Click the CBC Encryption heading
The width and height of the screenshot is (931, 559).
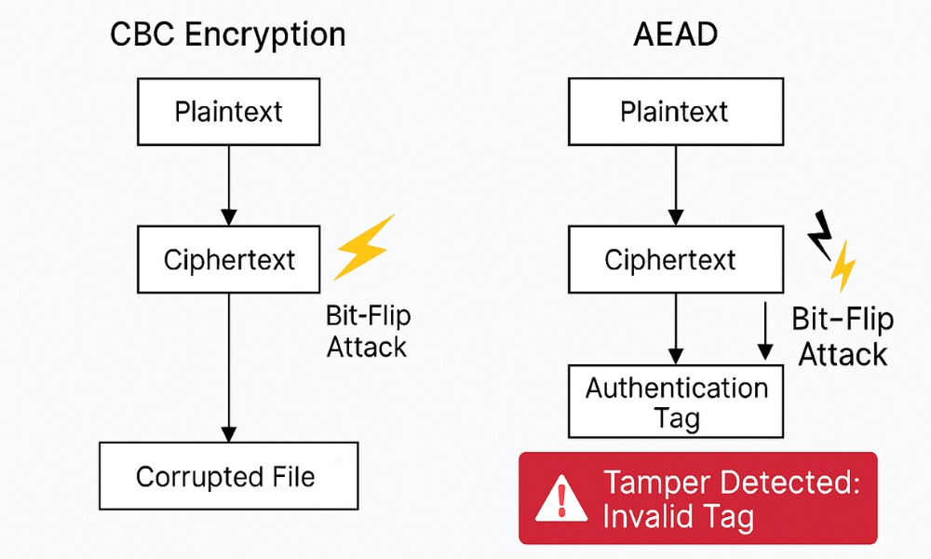[228, 34]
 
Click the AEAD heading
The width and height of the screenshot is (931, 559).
[674, 34]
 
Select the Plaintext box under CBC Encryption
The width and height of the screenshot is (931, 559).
[228, 112]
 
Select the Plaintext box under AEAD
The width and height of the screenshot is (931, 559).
[674, 112]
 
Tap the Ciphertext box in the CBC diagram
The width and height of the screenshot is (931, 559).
[228, 260]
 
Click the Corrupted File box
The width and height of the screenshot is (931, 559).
[228, 477]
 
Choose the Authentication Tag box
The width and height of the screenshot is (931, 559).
[676, 402]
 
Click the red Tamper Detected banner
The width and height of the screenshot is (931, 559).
[697, 498]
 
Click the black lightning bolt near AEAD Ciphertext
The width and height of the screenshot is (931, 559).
[820, 233]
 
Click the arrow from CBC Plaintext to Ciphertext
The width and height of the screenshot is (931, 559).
[228, 186]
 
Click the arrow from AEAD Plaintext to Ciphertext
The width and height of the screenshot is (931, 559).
[674, 186]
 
